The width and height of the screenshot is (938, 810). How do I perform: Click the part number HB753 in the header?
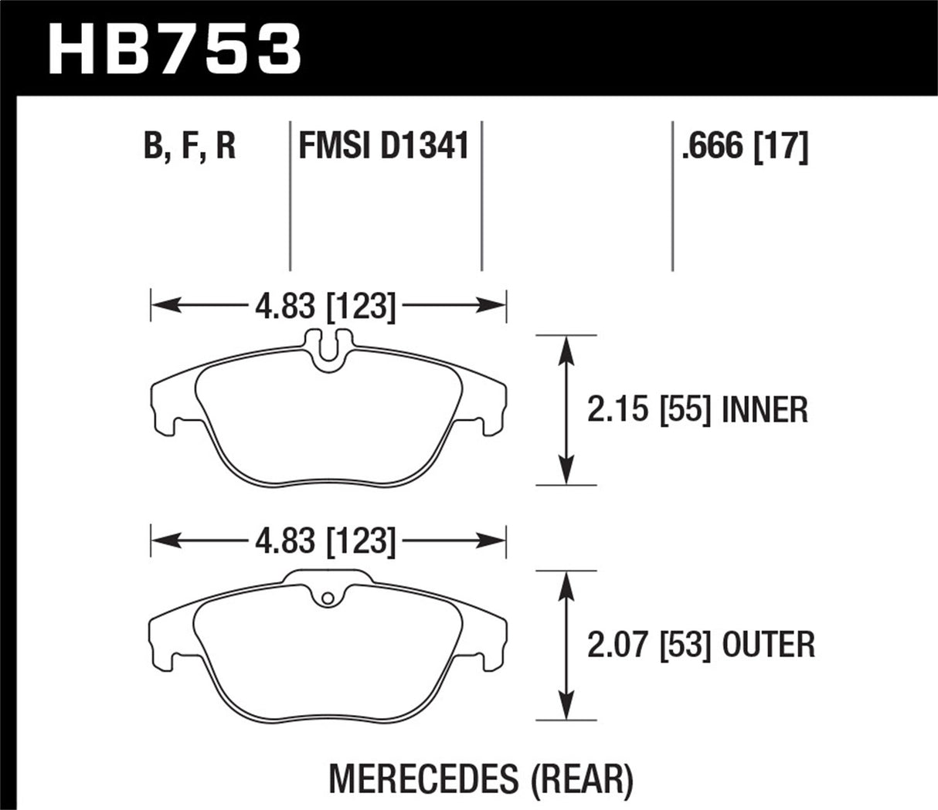[175, 47]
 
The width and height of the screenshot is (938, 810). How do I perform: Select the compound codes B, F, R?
[189, 145]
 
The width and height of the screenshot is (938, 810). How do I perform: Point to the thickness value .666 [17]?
[744, 145]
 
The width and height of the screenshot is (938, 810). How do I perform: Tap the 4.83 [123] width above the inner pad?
[325, 307]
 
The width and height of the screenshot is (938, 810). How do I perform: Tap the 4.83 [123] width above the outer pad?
[325, 541]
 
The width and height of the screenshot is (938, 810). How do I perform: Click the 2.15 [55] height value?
[648, 409]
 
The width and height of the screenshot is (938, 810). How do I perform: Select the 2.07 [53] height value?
[648, 644]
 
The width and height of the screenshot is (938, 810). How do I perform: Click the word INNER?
[764, 409]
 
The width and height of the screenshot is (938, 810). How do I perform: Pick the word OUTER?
[768, 644]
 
